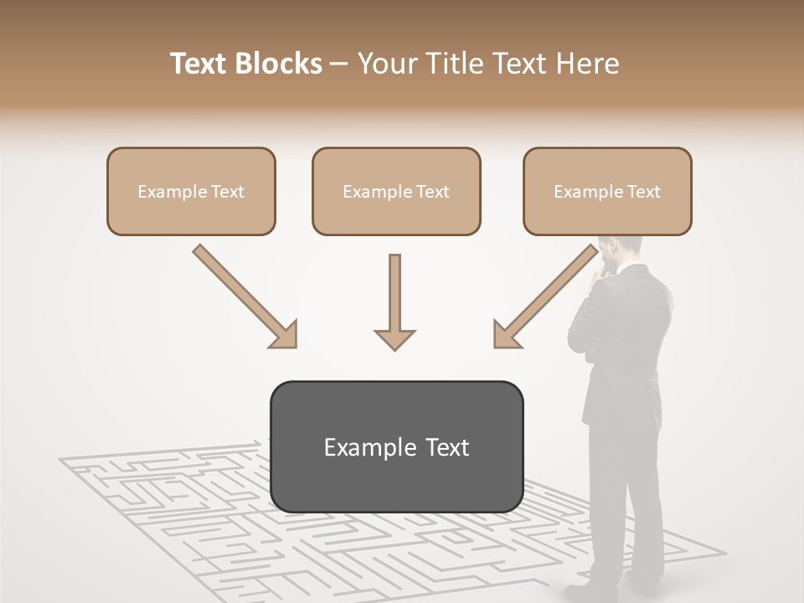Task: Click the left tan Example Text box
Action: click(x=191, y=191)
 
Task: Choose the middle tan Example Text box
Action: click(x=396, y=191)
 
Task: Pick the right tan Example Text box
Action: click(x=607, y=191)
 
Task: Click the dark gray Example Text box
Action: click(x=396, y=446)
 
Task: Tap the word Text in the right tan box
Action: click(x=644, y=192)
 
